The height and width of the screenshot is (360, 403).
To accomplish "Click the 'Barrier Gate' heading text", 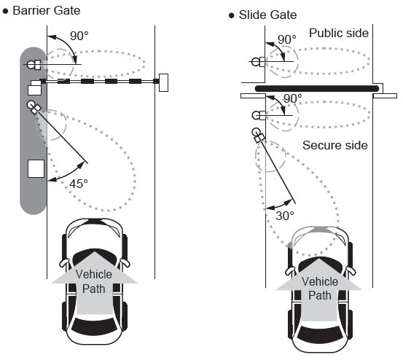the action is pos(47,11).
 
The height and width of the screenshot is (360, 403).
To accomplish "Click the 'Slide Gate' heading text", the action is pos(267,15).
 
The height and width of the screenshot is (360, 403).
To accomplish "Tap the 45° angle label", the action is pos(79,184).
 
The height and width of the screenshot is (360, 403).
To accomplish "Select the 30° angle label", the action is pos(285,216).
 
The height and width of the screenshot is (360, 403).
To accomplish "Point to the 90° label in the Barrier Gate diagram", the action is pos(79,36).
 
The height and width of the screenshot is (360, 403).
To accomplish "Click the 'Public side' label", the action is pos(339,33).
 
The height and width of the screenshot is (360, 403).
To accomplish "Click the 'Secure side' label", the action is pos(335,146).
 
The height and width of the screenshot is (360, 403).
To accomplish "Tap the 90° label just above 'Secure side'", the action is pos(293,98).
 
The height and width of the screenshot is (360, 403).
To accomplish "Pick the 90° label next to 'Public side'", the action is pos(287,40).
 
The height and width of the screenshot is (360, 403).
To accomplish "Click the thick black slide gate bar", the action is pos(317,89).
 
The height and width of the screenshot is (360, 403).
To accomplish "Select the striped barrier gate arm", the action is pos(100,82).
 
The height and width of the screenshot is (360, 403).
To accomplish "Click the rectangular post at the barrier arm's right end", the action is pos(163,82).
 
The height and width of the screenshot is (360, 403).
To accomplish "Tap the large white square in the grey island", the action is pos(36,168).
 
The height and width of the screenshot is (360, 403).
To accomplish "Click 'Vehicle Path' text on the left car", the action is pos(94,281).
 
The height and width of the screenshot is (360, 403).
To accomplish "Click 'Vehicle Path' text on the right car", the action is pos(320,289).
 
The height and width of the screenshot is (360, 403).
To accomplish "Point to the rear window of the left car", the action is pos(94,326).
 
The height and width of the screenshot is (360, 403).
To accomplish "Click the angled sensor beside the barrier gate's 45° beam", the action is pos(34,107).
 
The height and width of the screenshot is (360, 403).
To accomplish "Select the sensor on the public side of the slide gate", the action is pos(258,62).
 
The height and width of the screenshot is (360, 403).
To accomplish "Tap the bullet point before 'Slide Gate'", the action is pos(232,16).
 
